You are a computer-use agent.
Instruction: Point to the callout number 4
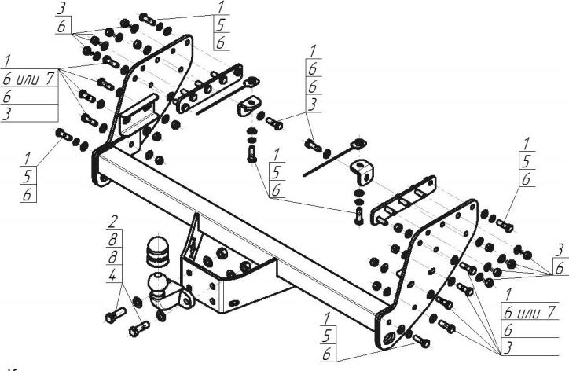click(113, 274)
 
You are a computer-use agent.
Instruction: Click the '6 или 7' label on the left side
click(29, 79)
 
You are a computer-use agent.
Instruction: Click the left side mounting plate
click(157, 86)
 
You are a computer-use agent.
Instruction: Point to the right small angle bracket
click(364, 169)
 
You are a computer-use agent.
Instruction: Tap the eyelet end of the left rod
click(251, 81)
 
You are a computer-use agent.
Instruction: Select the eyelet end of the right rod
click(359, 144)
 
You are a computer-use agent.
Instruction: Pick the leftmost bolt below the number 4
click(111, 318)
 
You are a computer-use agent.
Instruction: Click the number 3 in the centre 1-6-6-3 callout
click(312, 105)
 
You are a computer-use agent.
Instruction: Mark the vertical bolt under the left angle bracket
click(251, 149)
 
